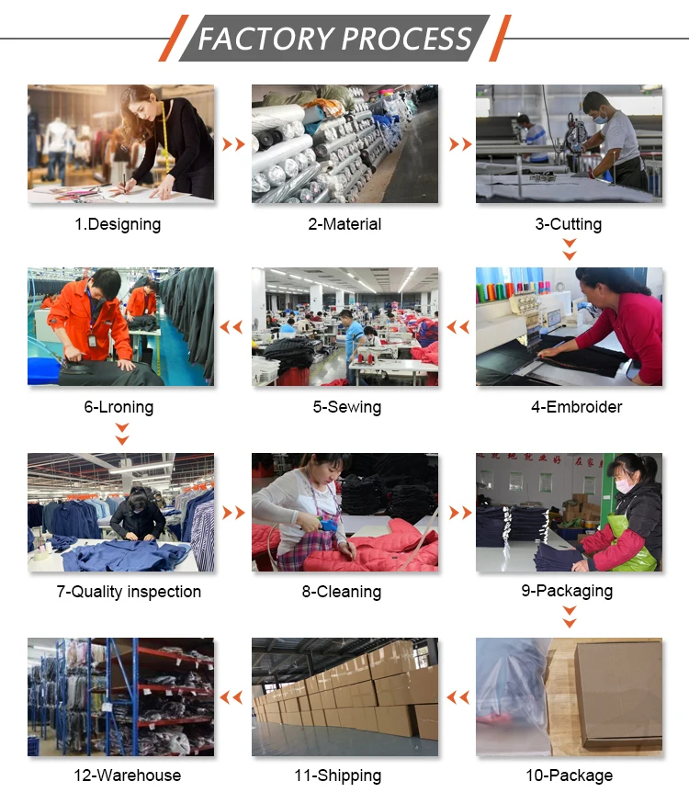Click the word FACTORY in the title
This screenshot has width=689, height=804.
pyautogui.click(x=266, y=39)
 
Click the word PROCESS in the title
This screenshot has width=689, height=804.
pyautogui.click(x=407, y=39)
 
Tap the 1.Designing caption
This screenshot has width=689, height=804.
pyautogui.click(x=118, y=224)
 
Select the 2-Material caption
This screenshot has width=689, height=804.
pyautogui.click(x=344, y=224)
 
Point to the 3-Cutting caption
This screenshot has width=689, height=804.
pyautogui.click(x=569, y=224)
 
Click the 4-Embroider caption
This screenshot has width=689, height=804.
pyautogui.click(x=576, y=407)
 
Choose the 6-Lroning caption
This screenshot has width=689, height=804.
pyautogui.click(x=119, y=407)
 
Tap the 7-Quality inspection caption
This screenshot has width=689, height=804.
pyautogui.click(x=129, y=592)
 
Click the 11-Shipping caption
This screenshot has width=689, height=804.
pyautogui.click(x=338, y=776)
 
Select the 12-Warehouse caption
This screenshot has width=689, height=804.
pyautogui.click(x=127, y=776)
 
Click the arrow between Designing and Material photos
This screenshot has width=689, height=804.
pyautogui.click(x=233, y=144)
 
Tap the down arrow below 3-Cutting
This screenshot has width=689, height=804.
pyautogui.click(x=570, y=249)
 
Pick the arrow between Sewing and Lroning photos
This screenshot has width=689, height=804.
pyautogui.click(x=232, y=326)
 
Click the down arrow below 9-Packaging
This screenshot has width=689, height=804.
pyautogui.click(x=570, y=617)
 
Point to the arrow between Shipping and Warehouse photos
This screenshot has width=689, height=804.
pyautogui.click(x=232, y=696)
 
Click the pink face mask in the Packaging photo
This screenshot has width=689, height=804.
pyautogui.click(x=624, y=486)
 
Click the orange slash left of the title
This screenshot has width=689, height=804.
pyautogui.click(x=174, y=39)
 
